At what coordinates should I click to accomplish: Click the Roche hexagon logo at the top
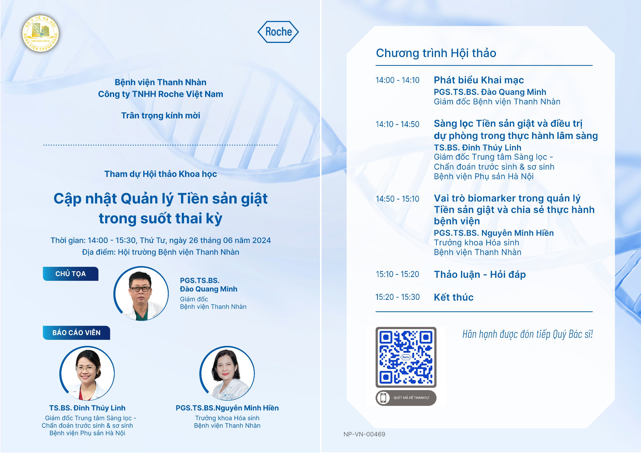[278, 32]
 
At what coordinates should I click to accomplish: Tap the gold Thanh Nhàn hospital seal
[41, 34]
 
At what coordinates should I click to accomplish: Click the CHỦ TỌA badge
[70, 274]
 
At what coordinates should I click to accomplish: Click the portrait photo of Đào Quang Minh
[141, 293]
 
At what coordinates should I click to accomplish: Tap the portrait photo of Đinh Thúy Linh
[87, 373]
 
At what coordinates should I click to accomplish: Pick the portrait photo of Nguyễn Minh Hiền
[227, 373]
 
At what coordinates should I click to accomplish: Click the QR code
[406, 357]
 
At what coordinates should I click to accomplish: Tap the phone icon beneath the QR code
[383, 398]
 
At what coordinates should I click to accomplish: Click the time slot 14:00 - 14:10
[398, 80]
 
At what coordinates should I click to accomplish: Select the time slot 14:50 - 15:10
[398, 199]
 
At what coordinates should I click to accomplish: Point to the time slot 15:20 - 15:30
[398, 297]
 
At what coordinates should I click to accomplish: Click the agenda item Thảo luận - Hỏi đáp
[480, 275]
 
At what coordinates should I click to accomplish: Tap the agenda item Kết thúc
[454, 297]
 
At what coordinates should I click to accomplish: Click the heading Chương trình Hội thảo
[436, 53]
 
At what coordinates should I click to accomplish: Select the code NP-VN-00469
[364, 434]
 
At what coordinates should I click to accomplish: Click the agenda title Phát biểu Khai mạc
[479, 80]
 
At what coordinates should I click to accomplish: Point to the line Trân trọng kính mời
[161, 116]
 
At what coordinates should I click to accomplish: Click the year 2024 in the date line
[262, 241]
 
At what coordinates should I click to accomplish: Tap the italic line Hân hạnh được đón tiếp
[527, 334]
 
